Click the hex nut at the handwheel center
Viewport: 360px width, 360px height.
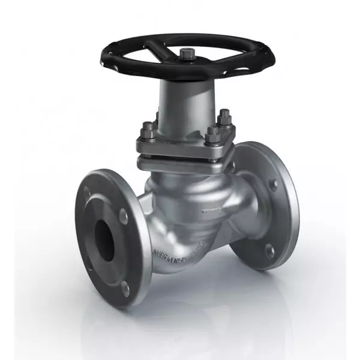185,55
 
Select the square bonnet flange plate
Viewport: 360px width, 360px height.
180,147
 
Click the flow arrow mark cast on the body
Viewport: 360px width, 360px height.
211,210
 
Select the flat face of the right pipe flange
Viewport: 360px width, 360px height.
282,210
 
